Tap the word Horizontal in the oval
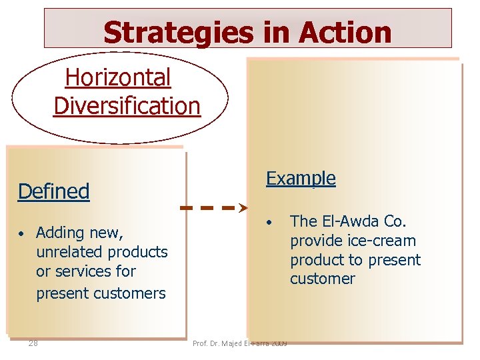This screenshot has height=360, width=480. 118,78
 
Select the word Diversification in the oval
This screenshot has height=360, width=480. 127,105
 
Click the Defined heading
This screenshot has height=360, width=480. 53,191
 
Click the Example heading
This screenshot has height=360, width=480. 301,178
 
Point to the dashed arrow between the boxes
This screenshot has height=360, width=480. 214,208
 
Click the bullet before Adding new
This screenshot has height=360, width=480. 22,234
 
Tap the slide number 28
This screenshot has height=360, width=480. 33,343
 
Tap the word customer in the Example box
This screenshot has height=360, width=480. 323,279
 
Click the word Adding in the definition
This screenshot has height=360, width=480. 58,233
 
